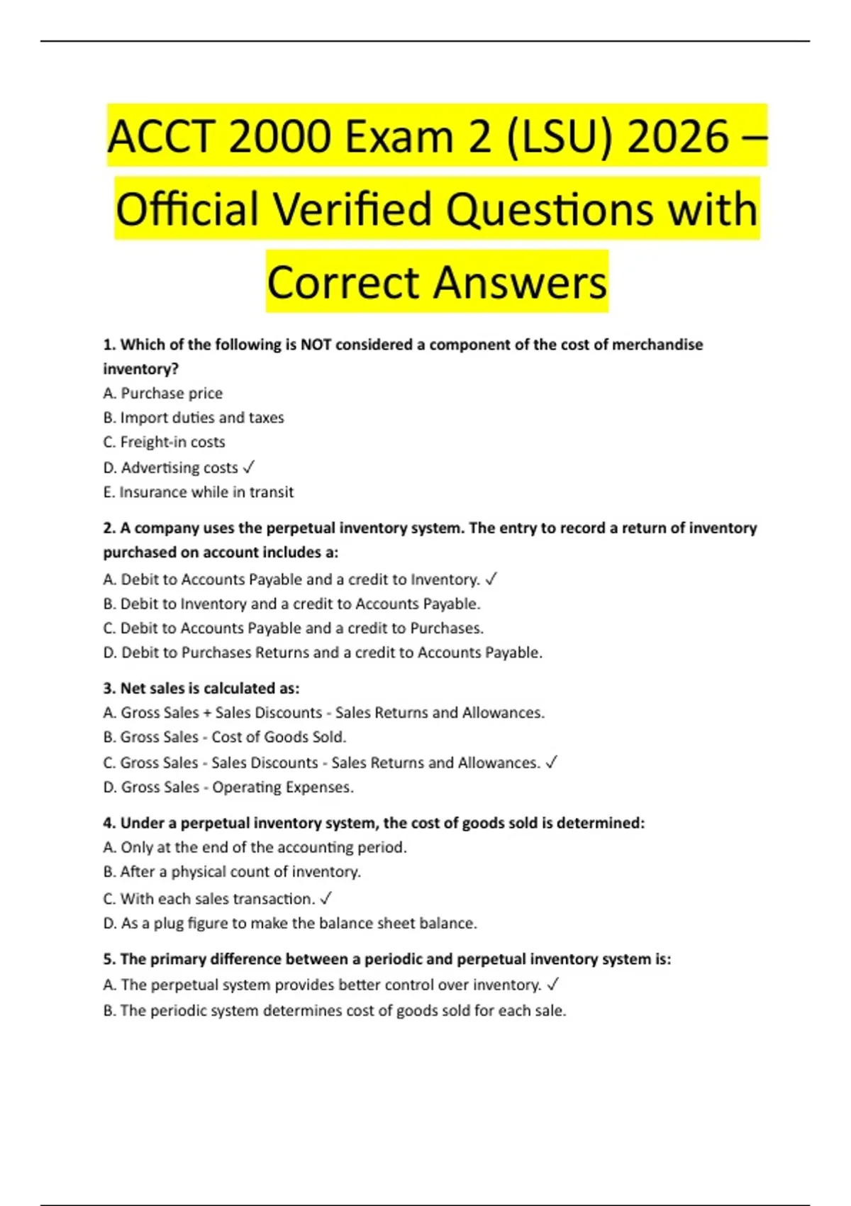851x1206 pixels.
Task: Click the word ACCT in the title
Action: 162,136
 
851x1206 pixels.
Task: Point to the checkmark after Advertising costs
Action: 249,468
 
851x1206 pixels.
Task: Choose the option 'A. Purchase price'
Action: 163,393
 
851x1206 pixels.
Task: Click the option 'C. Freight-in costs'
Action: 165,442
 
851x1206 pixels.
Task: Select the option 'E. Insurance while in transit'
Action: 199,492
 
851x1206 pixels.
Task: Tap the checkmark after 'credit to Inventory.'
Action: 491,580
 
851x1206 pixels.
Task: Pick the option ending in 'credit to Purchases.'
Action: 294,628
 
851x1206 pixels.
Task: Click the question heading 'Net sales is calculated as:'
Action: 201,688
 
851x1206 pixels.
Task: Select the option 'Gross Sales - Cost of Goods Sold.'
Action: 225,737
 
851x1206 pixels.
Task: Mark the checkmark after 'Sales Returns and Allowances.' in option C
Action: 552,763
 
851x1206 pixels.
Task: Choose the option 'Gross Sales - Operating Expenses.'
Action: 228,787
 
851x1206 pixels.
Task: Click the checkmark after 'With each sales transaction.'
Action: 326,899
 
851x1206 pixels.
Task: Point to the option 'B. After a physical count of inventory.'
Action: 232,871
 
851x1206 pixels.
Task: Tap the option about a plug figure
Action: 290,923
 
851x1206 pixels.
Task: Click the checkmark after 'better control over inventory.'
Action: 554,985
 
